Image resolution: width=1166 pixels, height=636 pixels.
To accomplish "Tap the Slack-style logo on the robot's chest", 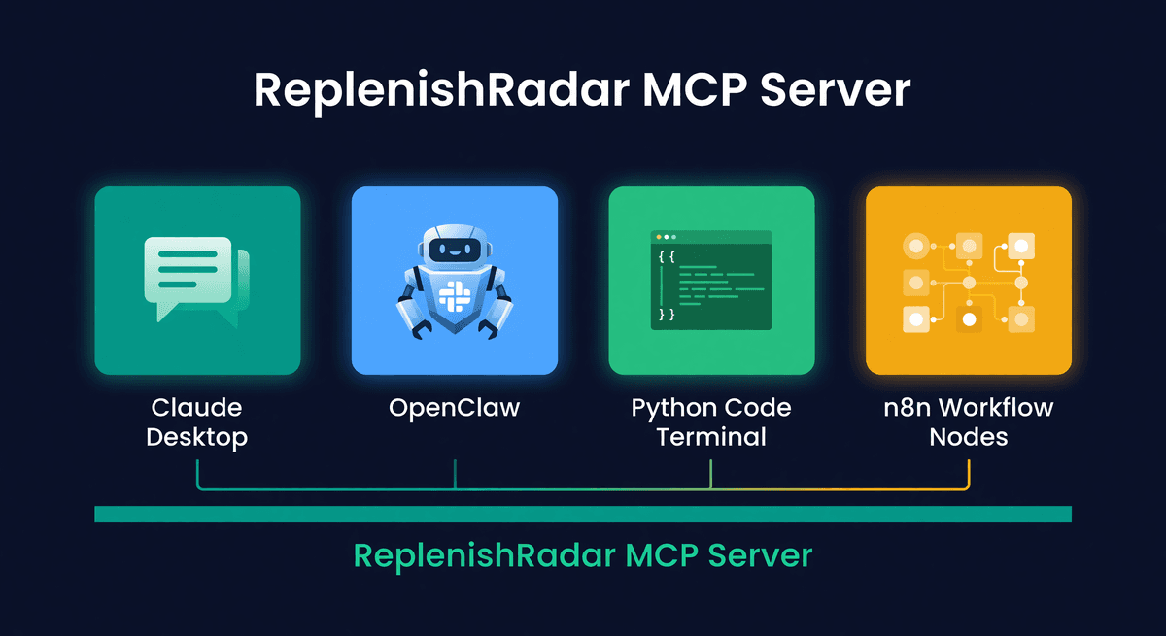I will (x=455, y=293).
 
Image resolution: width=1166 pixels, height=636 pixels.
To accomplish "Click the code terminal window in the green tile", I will (x=711, y=280).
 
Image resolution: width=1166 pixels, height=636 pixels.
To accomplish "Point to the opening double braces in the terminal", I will (x=666, y=256).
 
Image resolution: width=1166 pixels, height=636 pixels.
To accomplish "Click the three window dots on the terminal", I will (x=665, y=237).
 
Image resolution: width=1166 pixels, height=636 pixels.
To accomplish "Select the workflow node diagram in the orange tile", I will (x=968, y=281).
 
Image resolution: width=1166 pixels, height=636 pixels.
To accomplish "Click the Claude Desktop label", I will (x=197, y=421).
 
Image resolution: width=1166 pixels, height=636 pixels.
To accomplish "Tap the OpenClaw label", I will (x=455, y=407).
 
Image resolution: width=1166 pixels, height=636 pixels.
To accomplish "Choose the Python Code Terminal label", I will (x=711, y=421).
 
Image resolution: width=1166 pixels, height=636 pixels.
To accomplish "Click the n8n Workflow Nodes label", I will (x=968, y=421).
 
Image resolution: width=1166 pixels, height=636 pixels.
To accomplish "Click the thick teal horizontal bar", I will (x=583, y=515).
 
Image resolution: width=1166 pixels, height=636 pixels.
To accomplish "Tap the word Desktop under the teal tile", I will (x=197, y=437).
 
